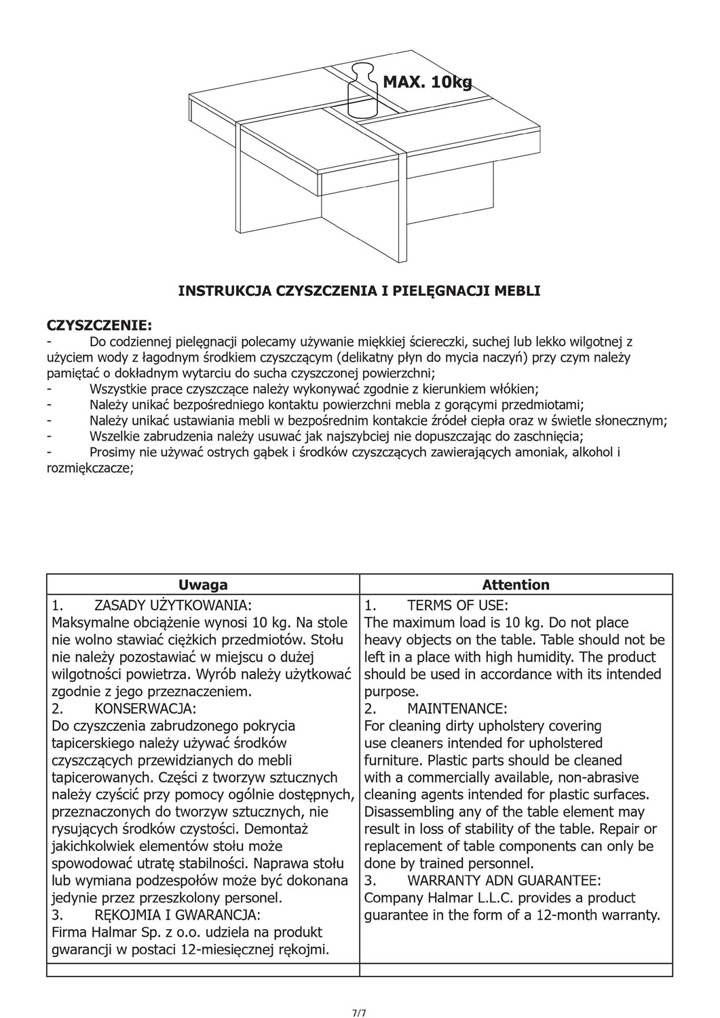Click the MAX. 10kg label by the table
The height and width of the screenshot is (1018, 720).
[x=428, y=82]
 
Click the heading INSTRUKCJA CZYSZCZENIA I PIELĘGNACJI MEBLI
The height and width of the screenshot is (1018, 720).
[x=359, y=291]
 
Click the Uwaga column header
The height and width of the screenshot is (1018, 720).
[x=203, y=584]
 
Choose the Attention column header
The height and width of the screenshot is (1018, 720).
[x=516, y=584]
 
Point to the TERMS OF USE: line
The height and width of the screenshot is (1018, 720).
[x=457, y=605]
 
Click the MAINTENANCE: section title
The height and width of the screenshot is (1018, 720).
[x=457, y=709]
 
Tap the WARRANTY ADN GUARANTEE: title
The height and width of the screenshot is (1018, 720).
[x=504, y=881]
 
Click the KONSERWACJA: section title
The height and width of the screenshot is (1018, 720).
[x=146, y=709]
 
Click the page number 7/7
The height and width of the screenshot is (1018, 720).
[x=360, y=995]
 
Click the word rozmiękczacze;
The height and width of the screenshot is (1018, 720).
[x=90, y=468]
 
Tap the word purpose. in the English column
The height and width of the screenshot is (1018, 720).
[x=392, y=692]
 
